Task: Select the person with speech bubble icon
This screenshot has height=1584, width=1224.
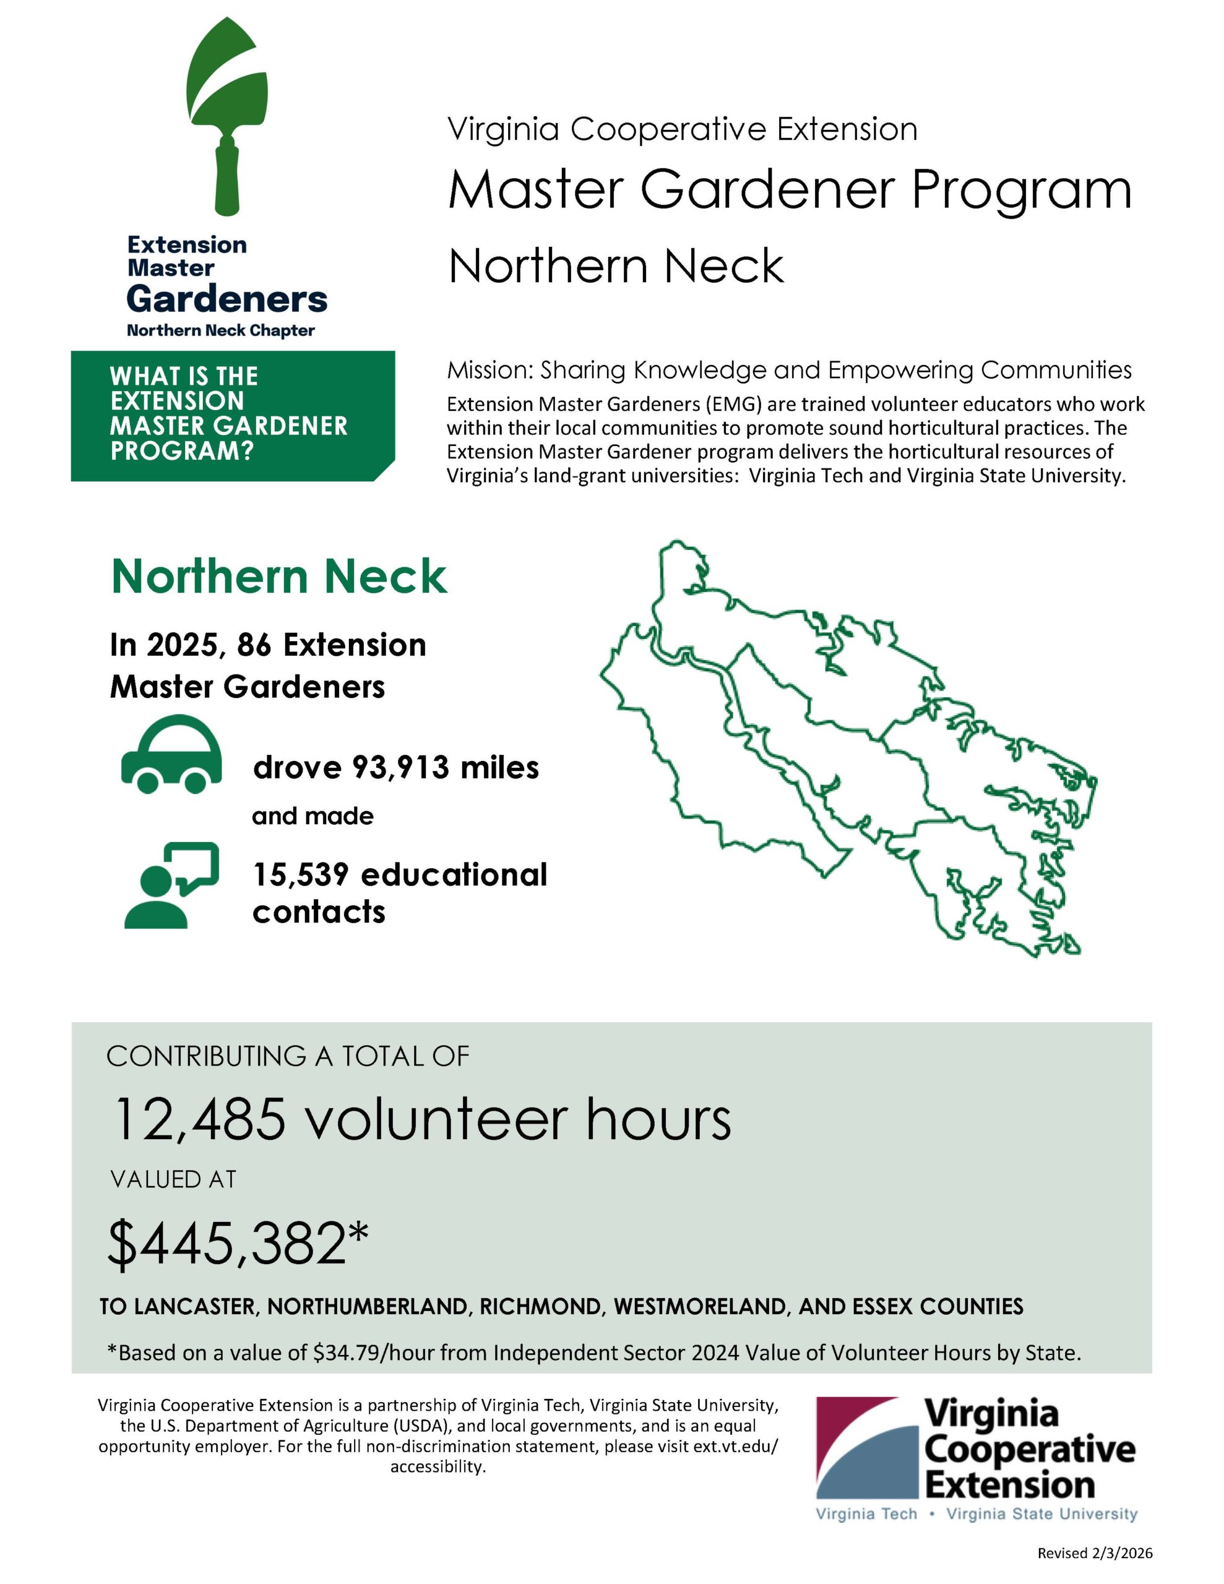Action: click(x=171, y=885)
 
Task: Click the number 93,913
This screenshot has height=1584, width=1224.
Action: click(x=396, y=767)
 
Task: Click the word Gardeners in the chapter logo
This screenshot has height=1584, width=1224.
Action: click(x=227, y=298)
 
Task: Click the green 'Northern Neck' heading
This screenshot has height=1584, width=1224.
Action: click(x=278, y=577)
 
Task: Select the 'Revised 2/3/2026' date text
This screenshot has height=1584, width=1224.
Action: click(x=1094, y=1553)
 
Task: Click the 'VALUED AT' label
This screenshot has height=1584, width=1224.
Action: click(x=173, y=1180)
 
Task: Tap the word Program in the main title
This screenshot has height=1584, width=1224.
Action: click(x=1021, y=190)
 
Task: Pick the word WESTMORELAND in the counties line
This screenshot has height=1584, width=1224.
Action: click(x=700, y=1307)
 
